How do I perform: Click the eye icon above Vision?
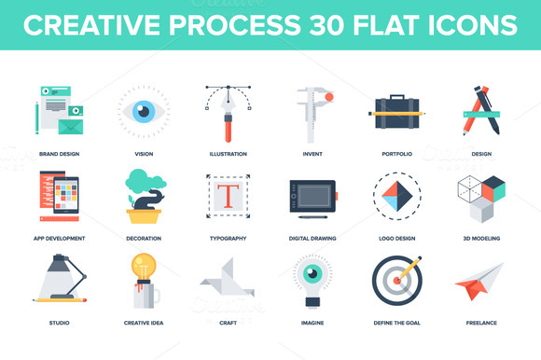pos(143,110)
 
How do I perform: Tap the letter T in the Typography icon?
pos(227,196)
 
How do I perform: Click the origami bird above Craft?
pos(227,284)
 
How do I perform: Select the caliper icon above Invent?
pos(311,112)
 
